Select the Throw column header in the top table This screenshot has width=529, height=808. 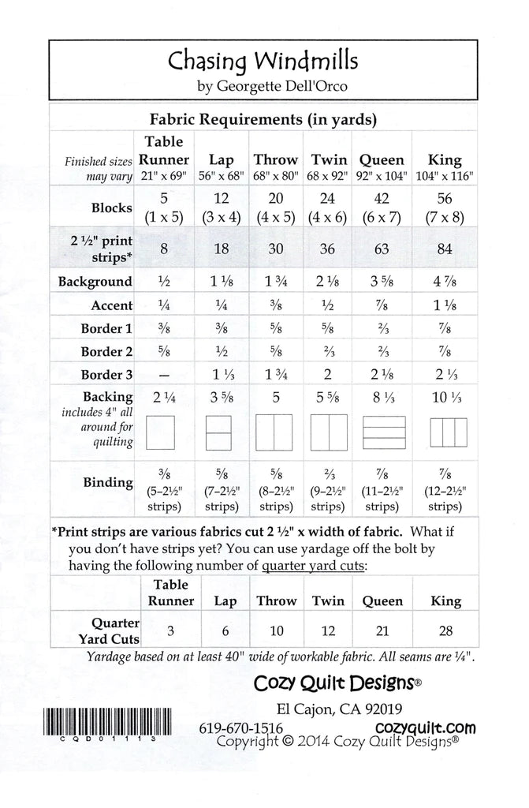[x=275, y=159]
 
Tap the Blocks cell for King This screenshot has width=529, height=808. [x=445, y=209]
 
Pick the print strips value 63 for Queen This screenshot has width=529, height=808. [x=382, y=250]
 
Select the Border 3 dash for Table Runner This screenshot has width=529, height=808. [x=164, y=375]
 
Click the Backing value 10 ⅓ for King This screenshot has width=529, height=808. [x=445, y=399]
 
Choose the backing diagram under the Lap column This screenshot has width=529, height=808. [x=221, y=433]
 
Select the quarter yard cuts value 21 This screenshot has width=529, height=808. [x=382, y=632]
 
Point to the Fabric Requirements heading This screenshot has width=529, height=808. [x=263, y=120]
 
